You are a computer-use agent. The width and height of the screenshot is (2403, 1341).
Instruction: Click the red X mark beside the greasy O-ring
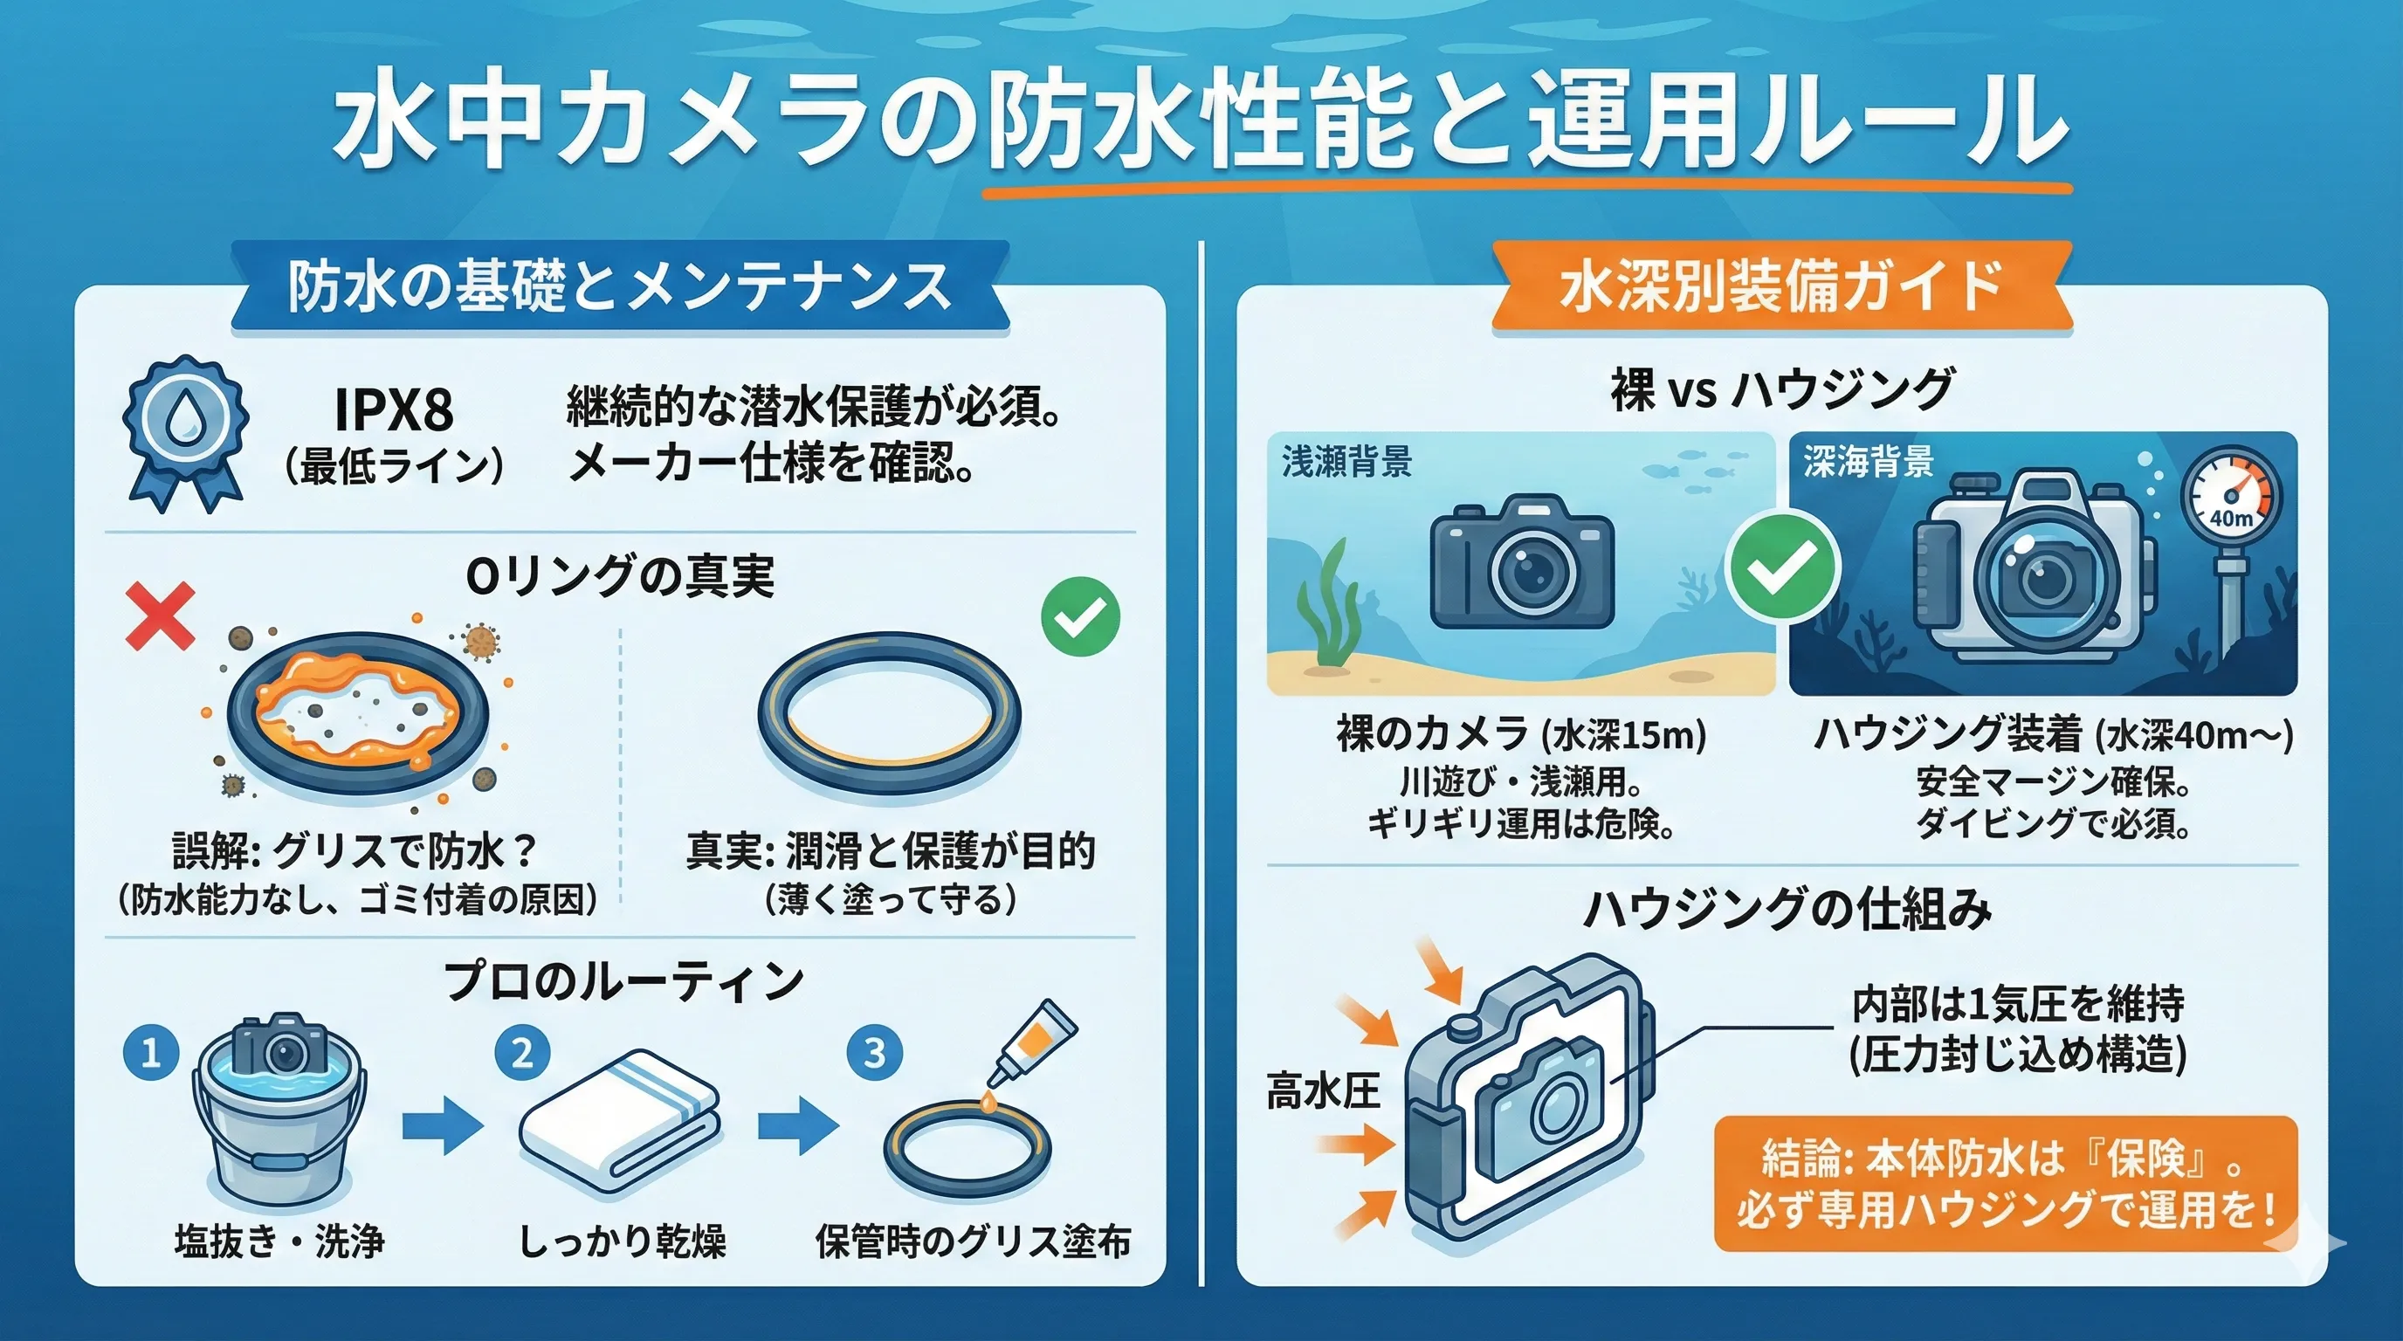point(161,615)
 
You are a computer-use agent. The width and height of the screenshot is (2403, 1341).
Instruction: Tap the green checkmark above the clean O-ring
point(1080,616)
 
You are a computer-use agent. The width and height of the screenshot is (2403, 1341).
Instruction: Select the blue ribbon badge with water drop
point(187,433)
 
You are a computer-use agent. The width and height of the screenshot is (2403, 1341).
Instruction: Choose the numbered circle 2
point(522,1054)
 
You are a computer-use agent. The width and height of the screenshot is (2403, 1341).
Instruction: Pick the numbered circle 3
point(874,1054)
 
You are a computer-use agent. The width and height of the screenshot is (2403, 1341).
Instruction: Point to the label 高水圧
point(1323,1091)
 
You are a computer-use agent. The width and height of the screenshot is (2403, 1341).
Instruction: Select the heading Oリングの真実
point(619,575)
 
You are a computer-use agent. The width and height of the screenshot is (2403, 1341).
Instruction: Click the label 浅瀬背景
point(1346,462)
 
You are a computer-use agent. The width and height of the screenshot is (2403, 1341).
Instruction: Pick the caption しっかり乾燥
point(623,1241)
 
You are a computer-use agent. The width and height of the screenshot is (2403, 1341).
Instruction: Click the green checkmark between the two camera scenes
point(1784,565)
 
